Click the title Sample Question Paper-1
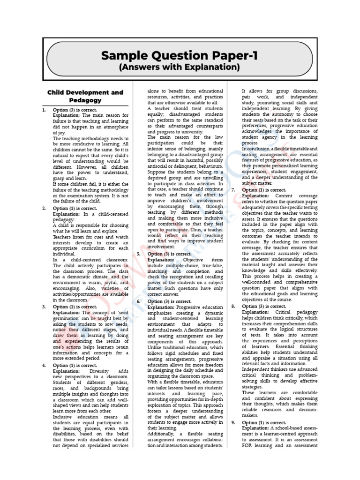[180, 56]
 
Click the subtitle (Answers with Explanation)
[180, 68]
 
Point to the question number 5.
[139, 254]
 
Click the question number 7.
[233, 190]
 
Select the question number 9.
[233, 422]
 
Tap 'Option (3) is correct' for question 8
[264, 306]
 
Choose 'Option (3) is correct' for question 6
[169, 301]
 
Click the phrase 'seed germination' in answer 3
[113, 312]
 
